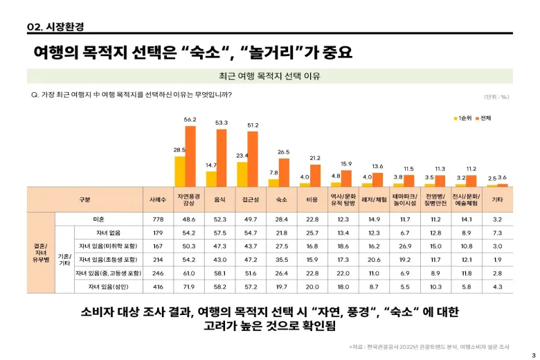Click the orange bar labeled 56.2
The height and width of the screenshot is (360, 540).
[190, 156]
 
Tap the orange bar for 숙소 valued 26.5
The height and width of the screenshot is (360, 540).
[284, 172]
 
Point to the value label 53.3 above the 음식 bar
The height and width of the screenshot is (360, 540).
[222, 123]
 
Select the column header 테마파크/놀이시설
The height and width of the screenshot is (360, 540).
[404, 199]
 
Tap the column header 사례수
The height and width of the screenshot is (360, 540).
[157, 199]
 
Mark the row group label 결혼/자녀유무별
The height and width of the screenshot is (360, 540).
[40, 253]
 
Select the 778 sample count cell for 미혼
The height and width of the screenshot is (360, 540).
[157, 219]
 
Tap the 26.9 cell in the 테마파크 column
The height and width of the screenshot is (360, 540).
[404, 246]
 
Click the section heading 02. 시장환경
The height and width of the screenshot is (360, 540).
[55, 26]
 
